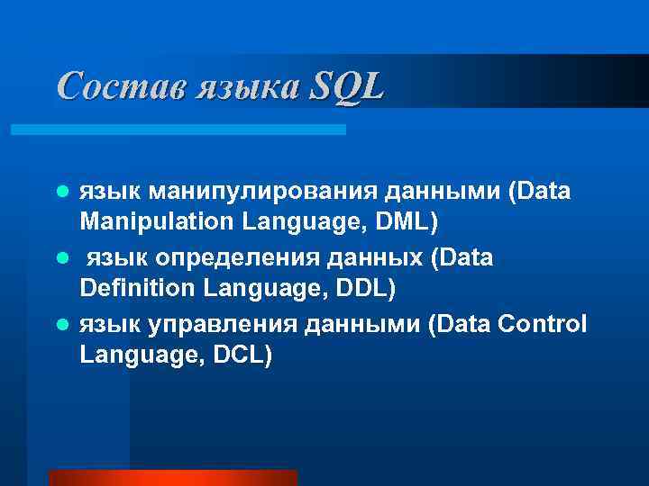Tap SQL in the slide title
click(x=346, y=86)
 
